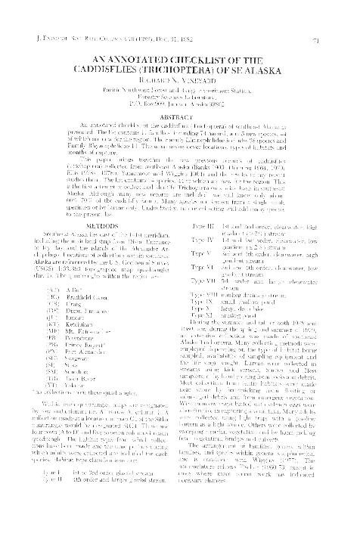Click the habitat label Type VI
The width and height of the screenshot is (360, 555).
pyautogui.click(x=203, y=288)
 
